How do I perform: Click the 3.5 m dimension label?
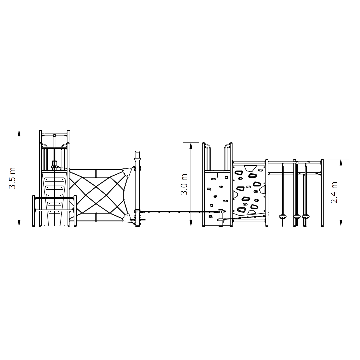[12, 178]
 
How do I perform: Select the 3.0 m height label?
[184, 184]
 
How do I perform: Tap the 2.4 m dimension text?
[334, 192]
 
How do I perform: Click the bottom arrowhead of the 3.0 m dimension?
[191, 223]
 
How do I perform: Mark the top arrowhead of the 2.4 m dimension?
[341, 162]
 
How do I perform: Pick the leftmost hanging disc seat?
[283, 216]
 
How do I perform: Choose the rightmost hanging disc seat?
[306, 216]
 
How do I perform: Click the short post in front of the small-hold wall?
[221, 218]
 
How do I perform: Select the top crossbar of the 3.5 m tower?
[54, 134]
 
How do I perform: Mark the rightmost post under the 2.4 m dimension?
[322, 193]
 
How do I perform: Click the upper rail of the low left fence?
[54, 198]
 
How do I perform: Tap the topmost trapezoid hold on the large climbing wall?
[250, 168]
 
